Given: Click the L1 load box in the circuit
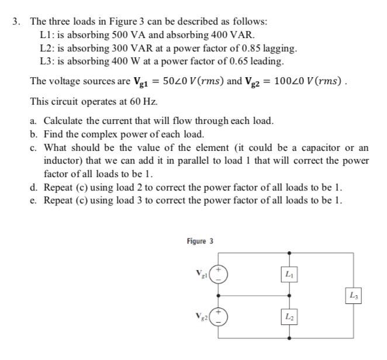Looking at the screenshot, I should [x=288, y=274].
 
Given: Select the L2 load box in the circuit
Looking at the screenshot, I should [x=288, y=317].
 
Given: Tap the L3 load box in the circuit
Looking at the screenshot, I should [x=353, y=295].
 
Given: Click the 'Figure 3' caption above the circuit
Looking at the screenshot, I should [x=200, y=241].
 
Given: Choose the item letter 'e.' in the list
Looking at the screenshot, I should [x=34, y=201].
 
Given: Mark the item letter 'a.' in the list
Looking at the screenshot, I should [x=34, y=121].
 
